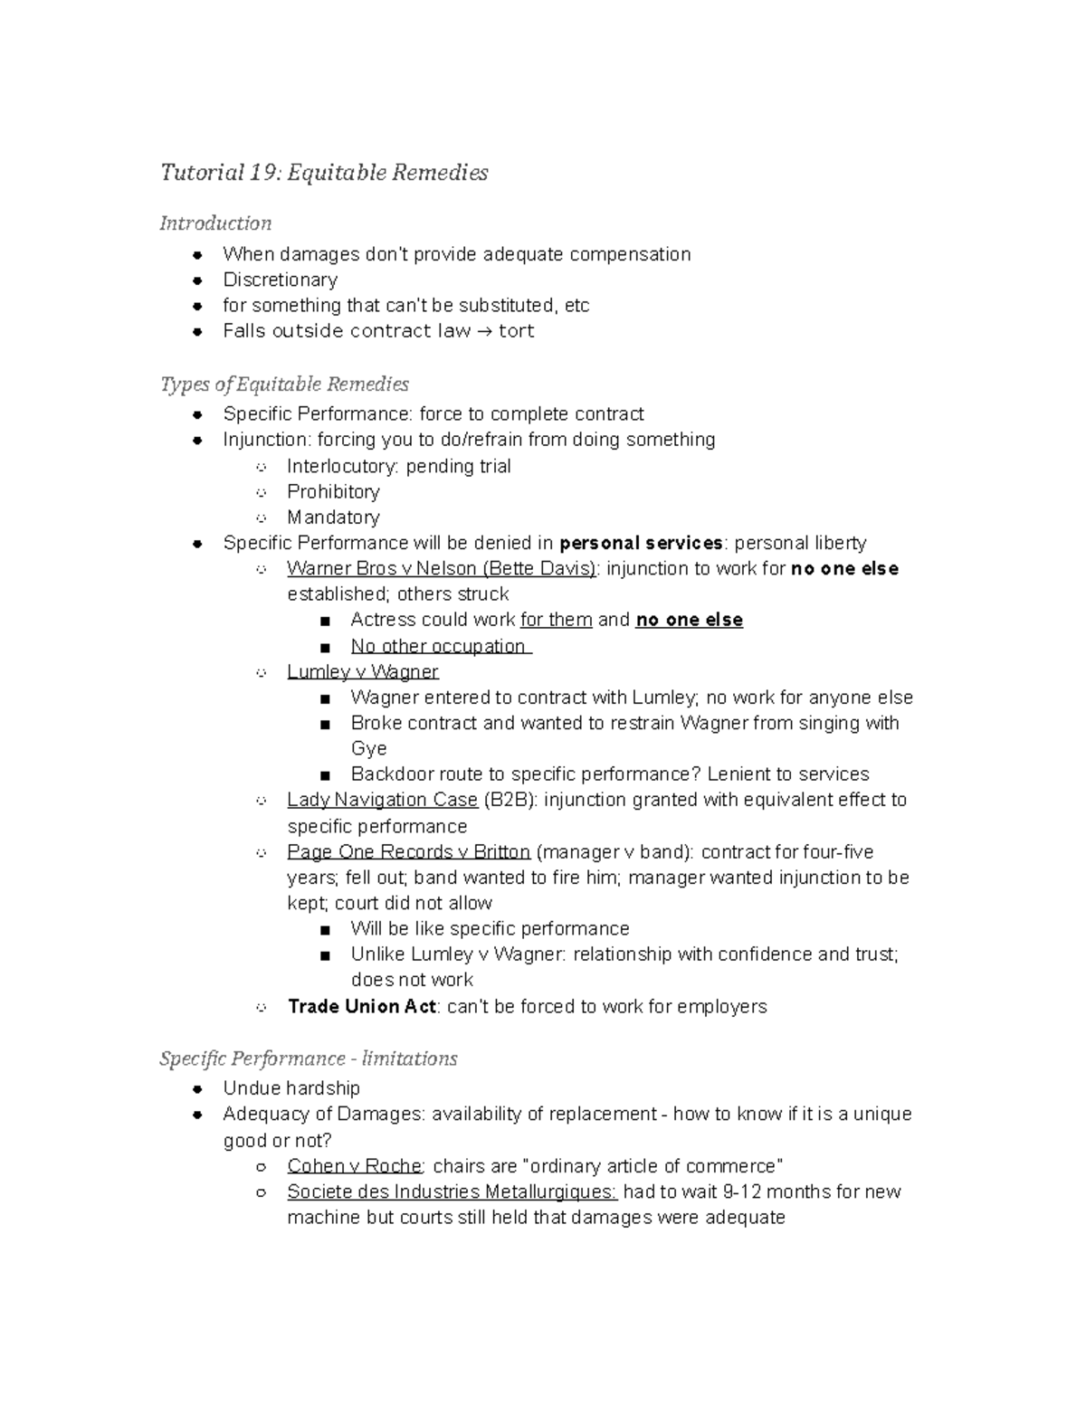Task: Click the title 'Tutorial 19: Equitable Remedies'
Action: click(324, 172)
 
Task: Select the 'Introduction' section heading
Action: click(215, 223)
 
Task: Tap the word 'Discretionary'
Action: click(281, 280)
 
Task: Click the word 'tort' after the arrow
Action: click(516, 331)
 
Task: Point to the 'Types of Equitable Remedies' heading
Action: click(284, 384)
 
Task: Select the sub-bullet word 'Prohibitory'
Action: click(333, 491)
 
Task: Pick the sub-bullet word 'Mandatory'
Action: click(333, 517)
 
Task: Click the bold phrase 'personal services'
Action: click(641, 543)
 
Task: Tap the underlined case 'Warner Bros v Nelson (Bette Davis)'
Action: click(443, 569)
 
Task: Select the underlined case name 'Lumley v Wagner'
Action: click(363, 671)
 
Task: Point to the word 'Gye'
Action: click(368, 748)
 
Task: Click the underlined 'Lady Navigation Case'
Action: click(382, 800)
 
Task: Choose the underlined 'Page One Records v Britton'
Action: click(408, 852)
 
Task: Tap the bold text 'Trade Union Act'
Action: click(362, 1006)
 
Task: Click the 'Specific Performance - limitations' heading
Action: click(309, 1058)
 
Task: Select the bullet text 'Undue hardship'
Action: click(291, 1087)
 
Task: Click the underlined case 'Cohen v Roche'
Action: click(354, 1166)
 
